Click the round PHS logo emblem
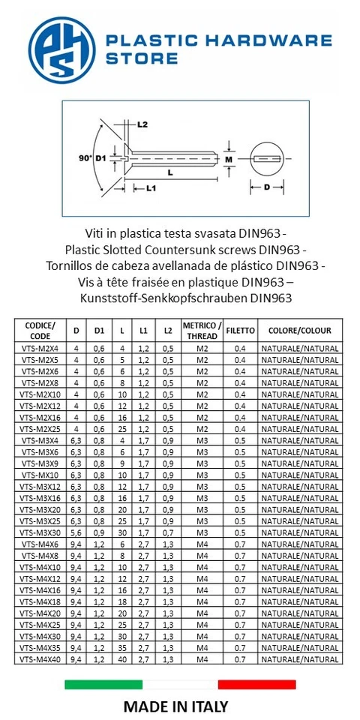pyautogui.click(x=62, y=50)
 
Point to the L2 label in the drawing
pyautogui.click(x=142, y=124)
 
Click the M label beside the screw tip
pyautogui.click(x=229, y=160)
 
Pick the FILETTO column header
pyautogui.click(x=240, y=331)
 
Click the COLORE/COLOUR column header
pyautogui.click(x=299, y=331)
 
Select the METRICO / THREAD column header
pyautogui.click(x=202, y=331)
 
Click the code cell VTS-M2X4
pyautogui.click(x=40, y=349)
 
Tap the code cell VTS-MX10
pyautogui.click(x=40, y=475)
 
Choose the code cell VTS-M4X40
pyautogui.click(x=40, y=658)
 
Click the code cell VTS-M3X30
pyautogui.click(x=40, y=532)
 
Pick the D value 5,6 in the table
pyautogui.click(x=76, y=532)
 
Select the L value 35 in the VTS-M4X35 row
pyautogui.click(x=121, y=647)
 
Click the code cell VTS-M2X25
pyautogui.click(x=40, y=429)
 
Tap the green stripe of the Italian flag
pyautogui.click(x=103, y=684)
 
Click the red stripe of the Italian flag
pyautogui.click(x=256, y=684)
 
